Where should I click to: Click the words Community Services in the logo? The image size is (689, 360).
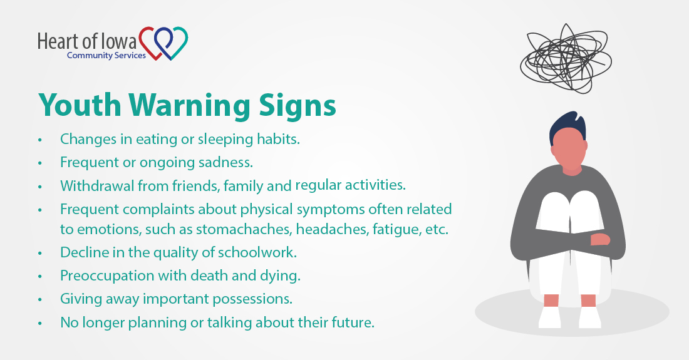click(x=106, y=55)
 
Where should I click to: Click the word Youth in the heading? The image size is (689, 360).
click(x=80, y=105)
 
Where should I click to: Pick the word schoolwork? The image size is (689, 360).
click(x=257, y=252)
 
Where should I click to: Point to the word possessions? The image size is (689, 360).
click(x=252, y=299)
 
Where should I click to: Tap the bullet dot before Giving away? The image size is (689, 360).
click(x=40, y=299)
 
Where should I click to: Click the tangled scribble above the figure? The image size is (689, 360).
click(x=566, y=59)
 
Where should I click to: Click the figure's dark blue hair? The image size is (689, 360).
click(x=567, y=125)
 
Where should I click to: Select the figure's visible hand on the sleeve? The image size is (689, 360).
click(x=600, y=239)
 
